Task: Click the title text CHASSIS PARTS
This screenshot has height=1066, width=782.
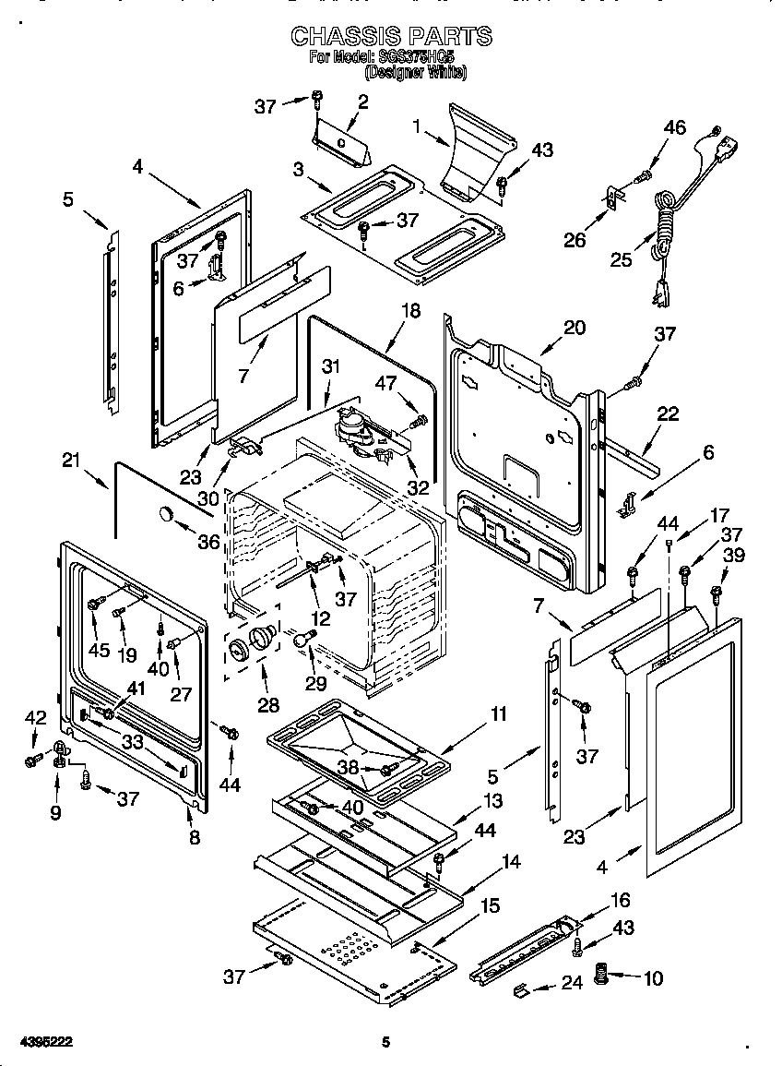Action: click(x=391, y=36)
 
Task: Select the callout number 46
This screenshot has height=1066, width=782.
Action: click(x=675, y=127)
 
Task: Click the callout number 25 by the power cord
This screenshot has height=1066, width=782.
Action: click(x=622, y=259)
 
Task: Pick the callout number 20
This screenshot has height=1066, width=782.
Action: click(x=575, y=329)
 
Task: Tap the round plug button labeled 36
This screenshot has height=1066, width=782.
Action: click(x=165, y=515)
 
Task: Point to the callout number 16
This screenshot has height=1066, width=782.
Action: click(x=622, y=899)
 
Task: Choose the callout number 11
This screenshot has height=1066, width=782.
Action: click(x=498, y=713)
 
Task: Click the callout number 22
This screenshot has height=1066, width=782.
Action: click(x=667, y=414)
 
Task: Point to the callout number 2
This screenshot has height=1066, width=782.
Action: click(x=362, y=102)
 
